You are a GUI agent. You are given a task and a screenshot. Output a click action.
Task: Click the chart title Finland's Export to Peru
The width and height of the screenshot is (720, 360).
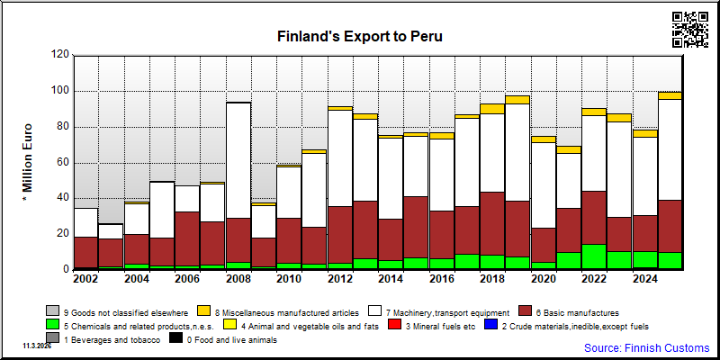pos(359,36)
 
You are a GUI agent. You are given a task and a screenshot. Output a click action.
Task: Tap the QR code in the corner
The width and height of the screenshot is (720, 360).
pos(690,30)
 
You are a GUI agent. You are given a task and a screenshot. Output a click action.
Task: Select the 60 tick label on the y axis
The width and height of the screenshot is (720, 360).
pos(63,163)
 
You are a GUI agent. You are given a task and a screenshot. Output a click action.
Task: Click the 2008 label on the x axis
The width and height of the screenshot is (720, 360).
pos(238,279)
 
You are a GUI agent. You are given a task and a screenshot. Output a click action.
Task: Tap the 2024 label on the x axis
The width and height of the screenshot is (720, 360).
pos(644,279)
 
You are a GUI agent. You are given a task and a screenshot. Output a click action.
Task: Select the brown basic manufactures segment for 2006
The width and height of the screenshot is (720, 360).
pos(187,238)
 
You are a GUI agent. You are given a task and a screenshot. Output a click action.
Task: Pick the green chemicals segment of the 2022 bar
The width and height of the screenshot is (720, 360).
pos(593,256)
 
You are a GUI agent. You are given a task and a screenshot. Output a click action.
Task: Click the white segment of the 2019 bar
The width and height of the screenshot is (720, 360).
pos(517,152)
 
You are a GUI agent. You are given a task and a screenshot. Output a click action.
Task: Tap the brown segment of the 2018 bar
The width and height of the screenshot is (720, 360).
pos(492,223)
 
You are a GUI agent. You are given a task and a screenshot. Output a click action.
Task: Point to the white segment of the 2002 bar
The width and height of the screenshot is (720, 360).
pos(85,222)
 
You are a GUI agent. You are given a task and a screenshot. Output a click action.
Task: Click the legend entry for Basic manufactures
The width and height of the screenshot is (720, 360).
pos(569,312)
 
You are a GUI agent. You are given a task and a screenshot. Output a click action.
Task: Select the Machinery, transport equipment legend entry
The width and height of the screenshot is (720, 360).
pos(439,312)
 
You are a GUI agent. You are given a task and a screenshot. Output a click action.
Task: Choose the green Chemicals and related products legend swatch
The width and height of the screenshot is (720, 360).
pos(52,326)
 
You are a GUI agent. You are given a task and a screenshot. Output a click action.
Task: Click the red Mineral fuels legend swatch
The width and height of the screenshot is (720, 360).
pos(394,326)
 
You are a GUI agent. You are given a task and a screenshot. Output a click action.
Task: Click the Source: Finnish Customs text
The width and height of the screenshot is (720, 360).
pos(646,347)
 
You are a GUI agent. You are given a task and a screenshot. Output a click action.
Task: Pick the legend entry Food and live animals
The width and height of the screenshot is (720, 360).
pos(223,340)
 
